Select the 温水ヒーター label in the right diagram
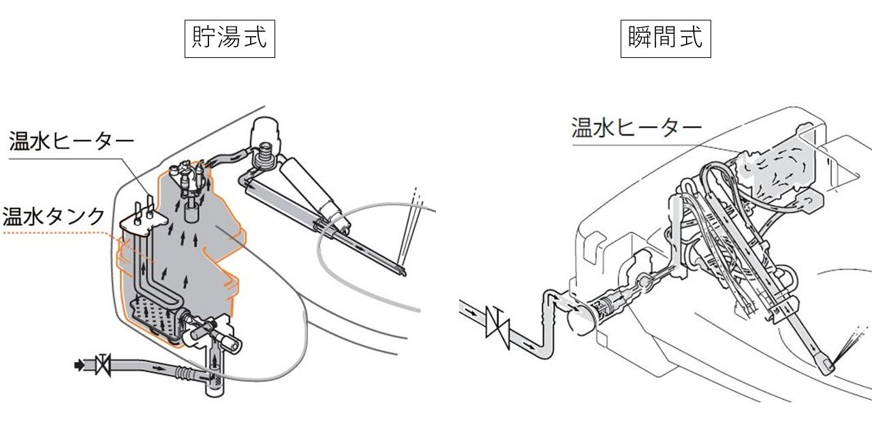pyautogui.click(x=636, y=127)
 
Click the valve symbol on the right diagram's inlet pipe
pyautogui.click(x=495, y=322)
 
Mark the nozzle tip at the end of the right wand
pyautogui.click(x=828, y=366)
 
